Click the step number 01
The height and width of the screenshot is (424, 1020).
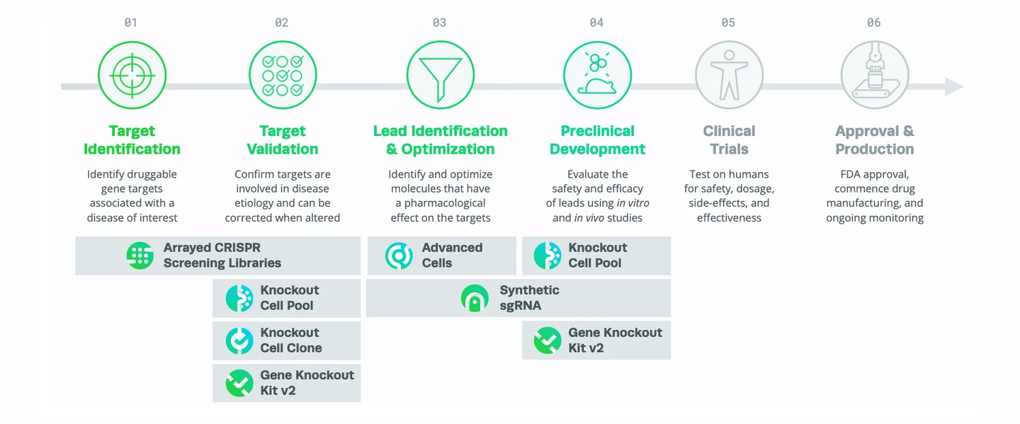[x=131, y=23]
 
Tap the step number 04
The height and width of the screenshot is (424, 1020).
[x=596, y=23]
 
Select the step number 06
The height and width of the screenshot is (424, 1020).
[x=874, y=23]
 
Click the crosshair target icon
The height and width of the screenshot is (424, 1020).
[x=132, y=75]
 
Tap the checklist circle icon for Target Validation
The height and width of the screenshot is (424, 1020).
[x=283, y=75]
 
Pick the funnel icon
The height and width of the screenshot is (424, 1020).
[x=440, y=75]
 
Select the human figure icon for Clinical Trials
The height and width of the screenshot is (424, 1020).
[x=729, y=75]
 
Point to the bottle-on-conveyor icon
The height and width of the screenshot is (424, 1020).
[x=874, y=75]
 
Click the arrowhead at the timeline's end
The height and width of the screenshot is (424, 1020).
[x=953, y=87]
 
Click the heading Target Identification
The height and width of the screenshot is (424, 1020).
[x=132, y=140]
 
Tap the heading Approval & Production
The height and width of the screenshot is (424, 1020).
[x=874, y=140]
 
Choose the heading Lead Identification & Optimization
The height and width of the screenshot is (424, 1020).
[x=440, y=140]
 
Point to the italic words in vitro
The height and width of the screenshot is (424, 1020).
[x=633, y=203]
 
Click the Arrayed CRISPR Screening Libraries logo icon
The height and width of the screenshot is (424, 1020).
[x=140, y=256]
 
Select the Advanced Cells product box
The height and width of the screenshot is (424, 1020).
[x=441, y=256]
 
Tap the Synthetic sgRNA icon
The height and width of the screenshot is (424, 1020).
[x=475, y=298]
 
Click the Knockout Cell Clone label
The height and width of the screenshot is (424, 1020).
[x=291, y=340]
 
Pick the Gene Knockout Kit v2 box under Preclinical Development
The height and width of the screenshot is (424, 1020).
[x=596, y=340]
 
